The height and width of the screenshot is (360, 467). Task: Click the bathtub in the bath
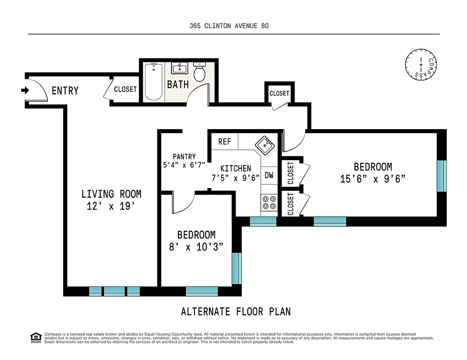coord(154,81)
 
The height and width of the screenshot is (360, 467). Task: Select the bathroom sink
coord(180,68)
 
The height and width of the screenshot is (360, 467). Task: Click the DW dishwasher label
coord(269,175)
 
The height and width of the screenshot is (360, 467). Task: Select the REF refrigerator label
coord(224,142)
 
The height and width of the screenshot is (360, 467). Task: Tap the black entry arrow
coord(25,90)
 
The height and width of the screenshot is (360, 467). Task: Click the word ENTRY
coord(65,91)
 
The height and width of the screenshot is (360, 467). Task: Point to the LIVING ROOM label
coord(111,194)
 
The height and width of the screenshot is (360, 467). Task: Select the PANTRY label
coord(184,157)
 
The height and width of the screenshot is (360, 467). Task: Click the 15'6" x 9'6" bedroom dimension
coord(373,179)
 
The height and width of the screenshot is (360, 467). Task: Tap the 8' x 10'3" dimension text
coord(196,247)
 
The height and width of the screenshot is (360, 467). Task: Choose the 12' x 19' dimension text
coord(111,207)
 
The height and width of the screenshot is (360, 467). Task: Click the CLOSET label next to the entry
coord(125,89)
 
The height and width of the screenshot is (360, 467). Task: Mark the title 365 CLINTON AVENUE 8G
coord(229,26)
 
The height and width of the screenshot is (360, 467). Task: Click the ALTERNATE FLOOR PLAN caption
coord(236,311)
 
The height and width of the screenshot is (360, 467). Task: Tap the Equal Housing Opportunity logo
coord(35,337)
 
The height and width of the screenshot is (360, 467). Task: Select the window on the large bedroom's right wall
coord(442,175)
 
